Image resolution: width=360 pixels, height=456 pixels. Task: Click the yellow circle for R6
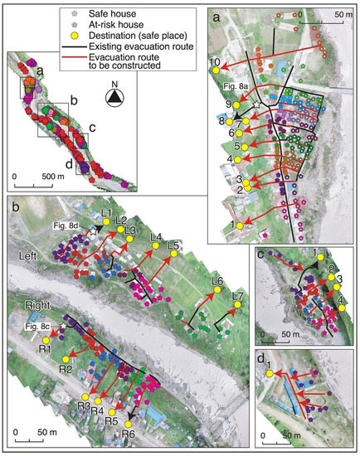[127, 424]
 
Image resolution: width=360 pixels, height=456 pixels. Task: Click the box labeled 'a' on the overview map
[34, 85]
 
